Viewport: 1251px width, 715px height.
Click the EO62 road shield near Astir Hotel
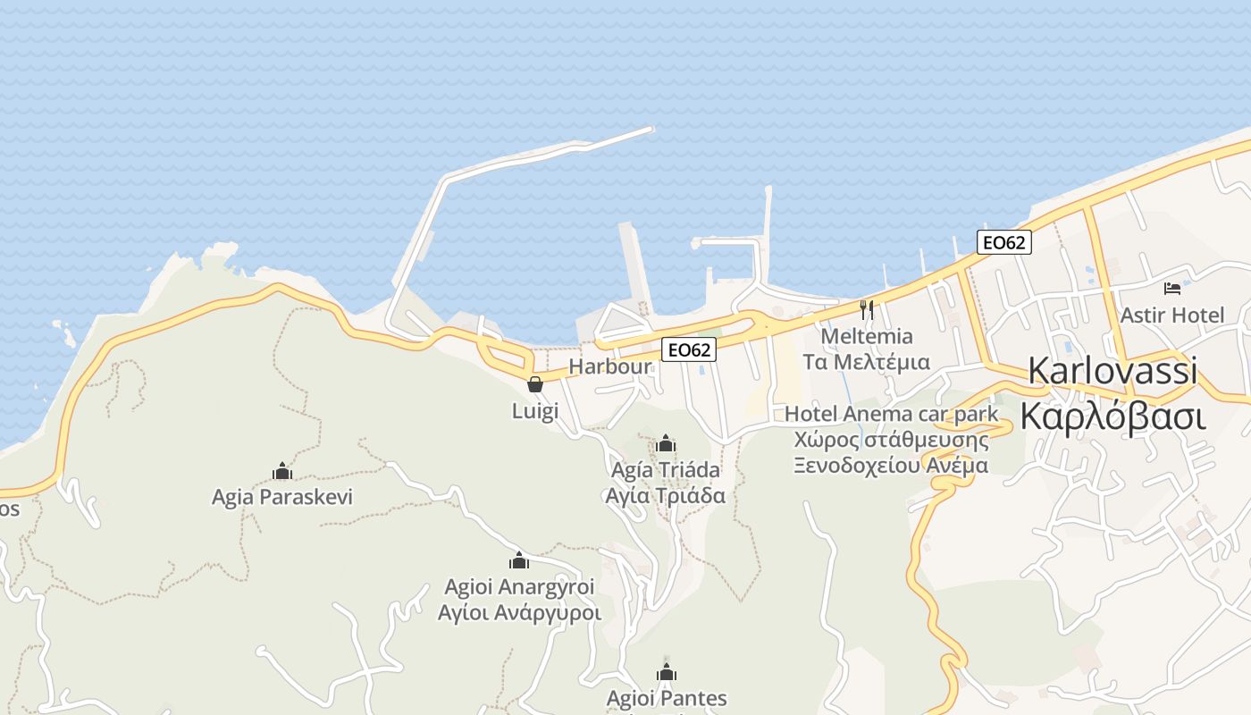point(1004,242)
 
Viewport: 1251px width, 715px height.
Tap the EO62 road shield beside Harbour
point(689,349)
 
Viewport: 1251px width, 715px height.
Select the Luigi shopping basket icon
point(535,384)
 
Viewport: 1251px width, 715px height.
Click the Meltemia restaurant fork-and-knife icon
point(866,310)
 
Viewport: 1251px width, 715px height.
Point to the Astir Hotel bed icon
point(1172,288)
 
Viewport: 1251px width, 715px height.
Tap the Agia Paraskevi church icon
point(282,471)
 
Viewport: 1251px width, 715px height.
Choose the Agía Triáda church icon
point(665,443)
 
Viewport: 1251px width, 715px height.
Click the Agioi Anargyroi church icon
point(519,560)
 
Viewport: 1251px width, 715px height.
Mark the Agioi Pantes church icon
point(667,672)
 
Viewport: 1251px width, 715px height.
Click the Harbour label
point(610,366)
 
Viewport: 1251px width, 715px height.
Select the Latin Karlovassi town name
point(1112,371)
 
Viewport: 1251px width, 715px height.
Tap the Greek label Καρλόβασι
point(1112,417)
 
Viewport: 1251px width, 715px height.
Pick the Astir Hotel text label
point(1172,315)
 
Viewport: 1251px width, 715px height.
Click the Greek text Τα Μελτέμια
point(866,362)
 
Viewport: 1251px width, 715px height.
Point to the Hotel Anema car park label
point(891,414)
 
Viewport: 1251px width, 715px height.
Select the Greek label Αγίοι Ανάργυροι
point(519,613)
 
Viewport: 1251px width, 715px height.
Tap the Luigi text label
point(535,411)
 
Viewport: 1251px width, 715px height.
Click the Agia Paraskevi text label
point(282,497)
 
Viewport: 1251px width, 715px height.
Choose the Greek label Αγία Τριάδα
point(665,495)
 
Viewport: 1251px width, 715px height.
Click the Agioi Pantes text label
point(667,698)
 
